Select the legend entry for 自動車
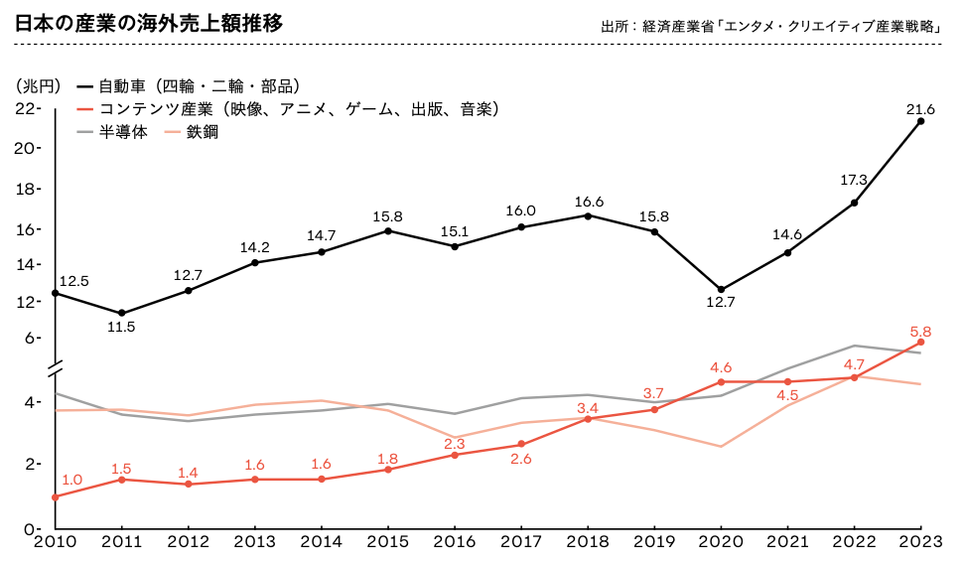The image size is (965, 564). click(x=189, y=86)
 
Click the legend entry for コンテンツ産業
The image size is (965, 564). click(x=288, y=109)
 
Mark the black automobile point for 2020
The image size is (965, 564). click(x=721, y=289)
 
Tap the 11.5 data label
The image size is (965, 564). click(x=120, y=327)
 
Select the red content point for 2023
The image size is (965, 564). click(x=921, y=342)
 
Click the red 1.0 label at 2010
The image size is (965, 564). click(x=71, y=480)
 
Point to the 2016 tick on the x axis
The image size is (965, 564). click(x=454, y=543)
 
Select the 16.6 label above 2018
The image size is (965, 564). click(x=589, y=202)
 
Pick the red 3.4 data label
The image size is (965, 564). click(x=587, y=408)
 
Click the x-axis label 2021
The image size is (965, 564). click(x=787, y=543)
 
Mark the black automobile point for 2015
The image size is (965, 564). click(x=387, y=230)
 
